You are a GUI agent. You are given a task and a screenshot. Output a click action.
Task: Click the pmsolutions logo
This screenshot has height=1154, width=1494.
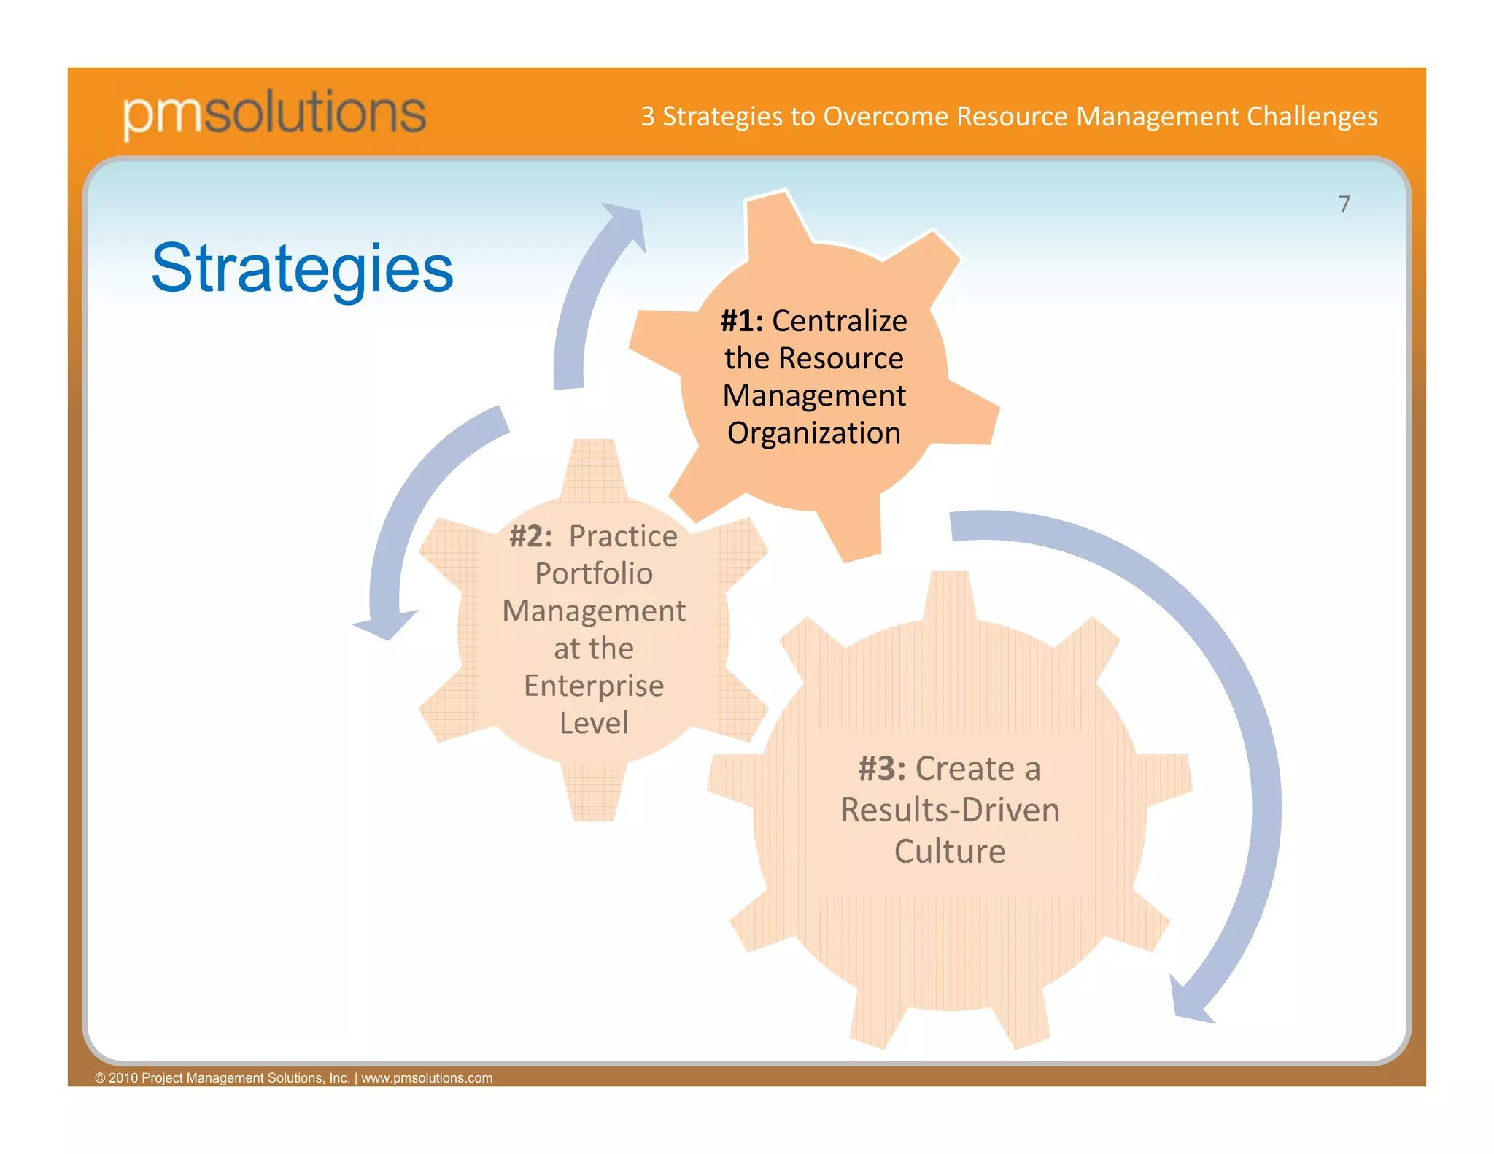tap(274, 113)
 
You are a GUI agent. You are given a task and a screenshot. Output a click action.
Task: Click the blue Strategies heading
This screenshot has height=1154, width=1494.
tap(302, 268)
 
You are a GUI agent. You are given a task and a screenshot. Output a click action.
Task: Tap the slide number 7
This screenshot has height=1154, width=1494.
tap(1344, 204)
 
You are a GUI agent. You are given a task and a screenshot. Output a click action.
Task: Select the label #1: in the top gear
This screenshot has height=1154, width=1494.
tap(742, 321)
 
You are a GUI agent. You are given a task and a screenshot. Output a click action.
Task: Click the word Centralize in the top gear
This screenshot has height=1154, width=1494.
tap(839, 321)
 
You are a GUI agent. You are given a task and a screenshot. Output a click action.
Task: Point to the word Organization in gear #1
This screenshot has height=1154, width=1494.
tap(813, 433)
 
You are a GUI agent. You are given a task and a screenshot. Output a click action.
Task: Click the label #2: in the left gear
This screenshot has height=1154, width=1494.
tap(530, 536)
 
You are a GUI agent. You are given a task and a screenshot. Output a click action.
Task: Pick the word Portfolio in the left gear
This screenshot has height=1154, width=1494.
tap(594, 573)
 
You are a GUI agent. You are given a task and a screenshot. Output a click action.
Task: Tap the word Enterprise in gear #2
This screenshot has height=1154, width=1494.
tap(594, 686)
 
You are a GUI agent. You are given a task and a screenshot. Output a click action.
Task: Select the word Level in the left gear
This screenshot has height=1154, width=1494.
tap(594, 723)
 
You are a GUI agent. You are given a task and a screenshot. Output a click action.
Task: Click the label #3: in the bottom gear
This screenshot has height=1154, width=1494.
tap(881, 769)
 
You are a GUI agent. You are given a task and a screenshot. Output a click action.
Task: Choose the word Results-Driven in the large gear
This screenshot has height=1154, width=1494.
tap(950, 810)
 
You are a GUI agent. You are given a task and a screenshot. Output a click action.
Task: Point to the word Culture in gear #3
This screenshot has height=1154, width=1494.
tap(950, 851)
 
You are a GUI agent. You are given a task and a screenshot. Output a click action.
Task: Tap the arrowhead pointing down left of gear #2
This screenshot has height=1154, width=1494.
tap(386, 624)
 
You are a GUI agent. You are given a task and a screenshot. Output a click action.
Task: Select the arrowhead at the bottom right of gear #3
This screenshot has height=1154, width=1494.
tap(1189, 1003)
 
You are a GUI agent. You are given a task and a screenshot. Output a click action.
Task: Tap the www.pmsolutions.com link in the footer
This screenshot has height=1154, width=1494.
tap(427, 1078)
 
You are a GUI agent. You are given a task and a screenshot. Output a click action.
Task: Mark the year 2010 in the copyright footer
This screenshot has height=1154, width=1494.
tap(123, 1078)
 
